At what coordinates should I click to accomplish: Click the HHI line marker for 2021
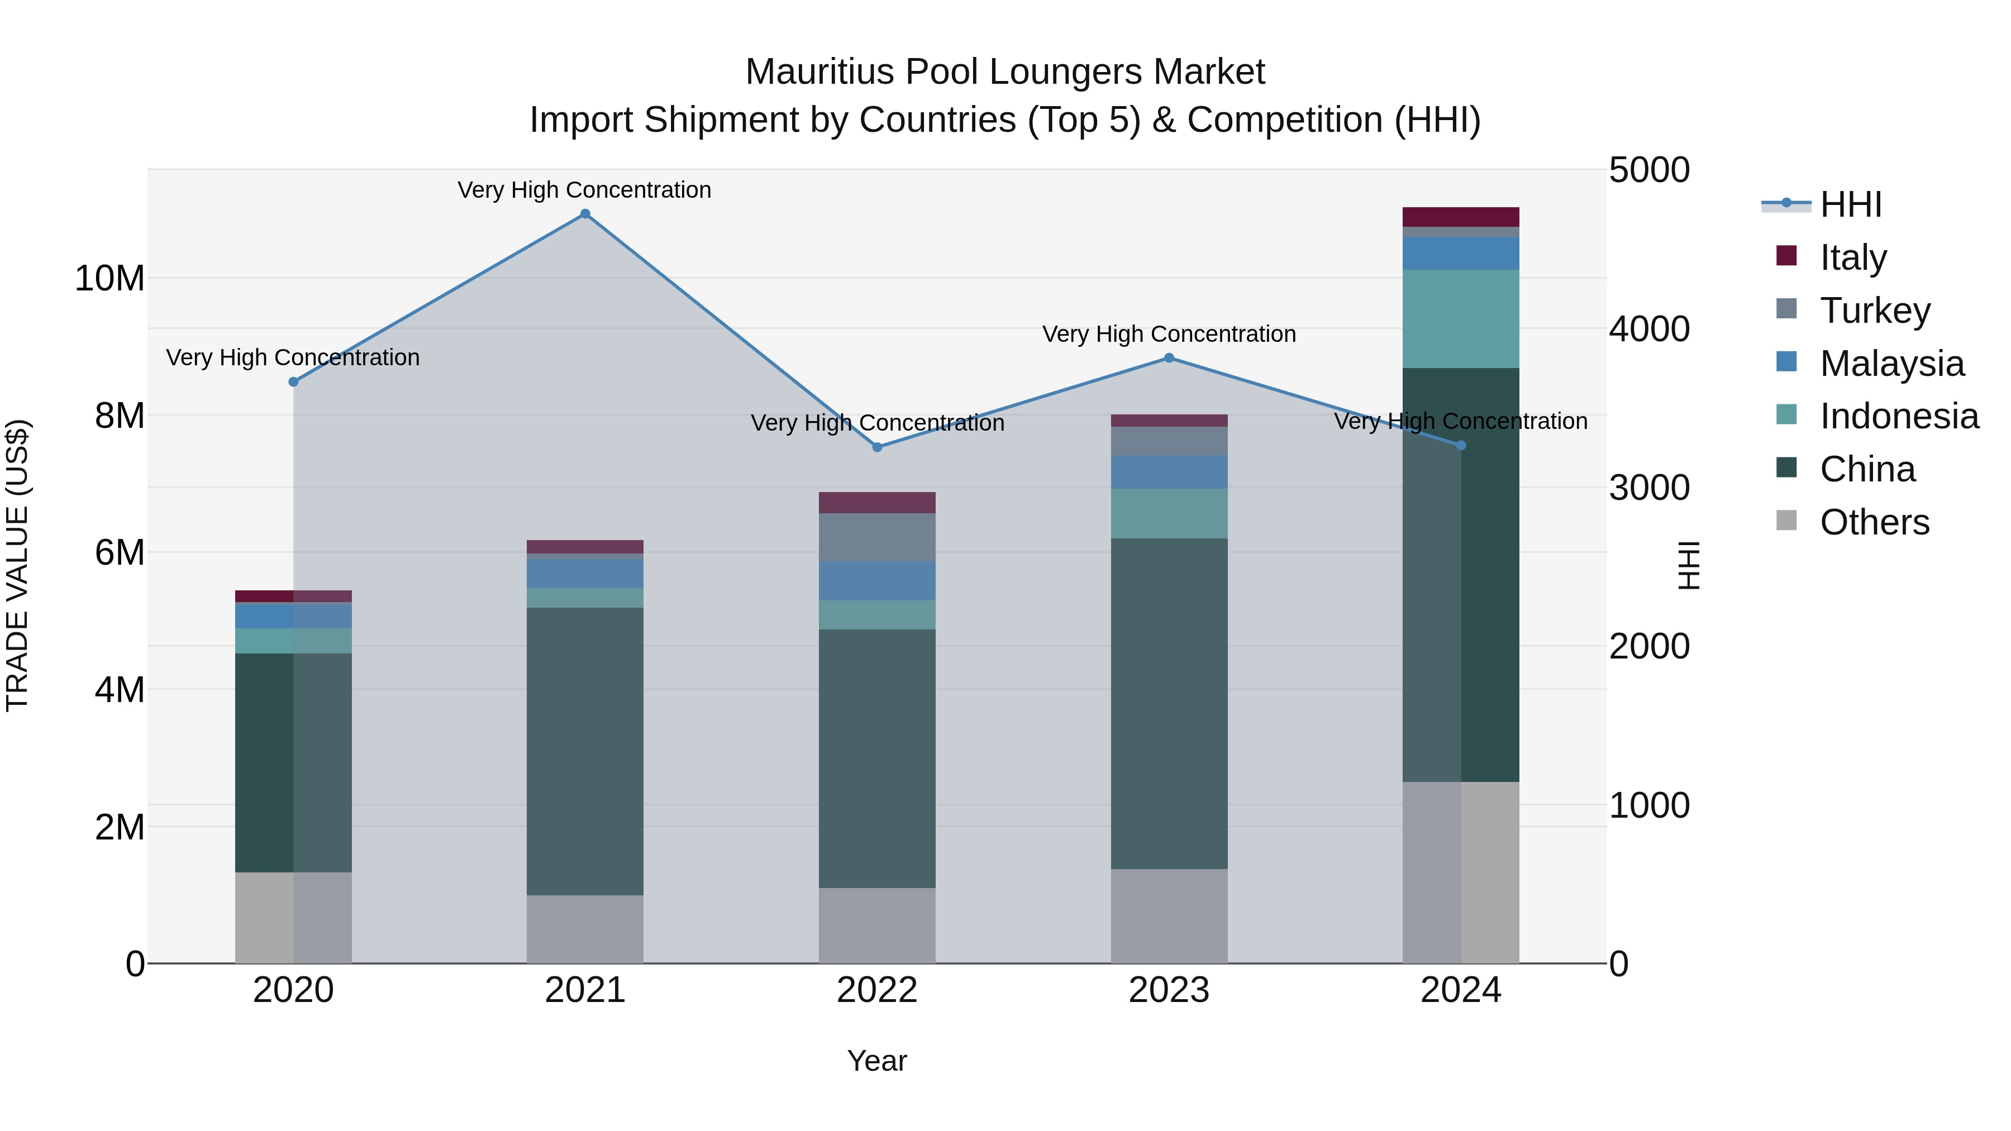click(x=585, y=214)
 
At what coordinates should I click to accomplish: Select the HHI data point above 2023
click(x=1169, y=358)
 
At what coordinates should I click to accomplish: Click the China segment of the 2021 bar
click(x=585, y=751)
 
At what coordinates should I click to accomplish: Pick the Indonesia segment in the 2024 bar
click(x=1461, y=318)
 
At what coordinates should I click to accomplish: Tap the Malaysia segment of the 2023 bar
click(x=1169, y=472)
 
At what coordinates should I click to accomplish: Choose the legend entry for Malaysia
click(x=1891, y=364)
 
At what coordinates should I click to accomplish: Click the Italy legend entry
click(x=1852, y=257)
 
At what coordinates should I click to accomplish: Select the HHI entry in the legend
click(x=1850, y=204)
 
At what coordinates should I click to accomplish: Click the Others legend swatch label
click(x=1874, y=522)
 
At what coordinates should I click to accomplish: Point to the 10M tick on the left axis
click(x=109, y=279)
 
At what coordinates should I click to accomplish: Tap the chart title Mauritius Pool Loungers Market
click(x=1005, y=72)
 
